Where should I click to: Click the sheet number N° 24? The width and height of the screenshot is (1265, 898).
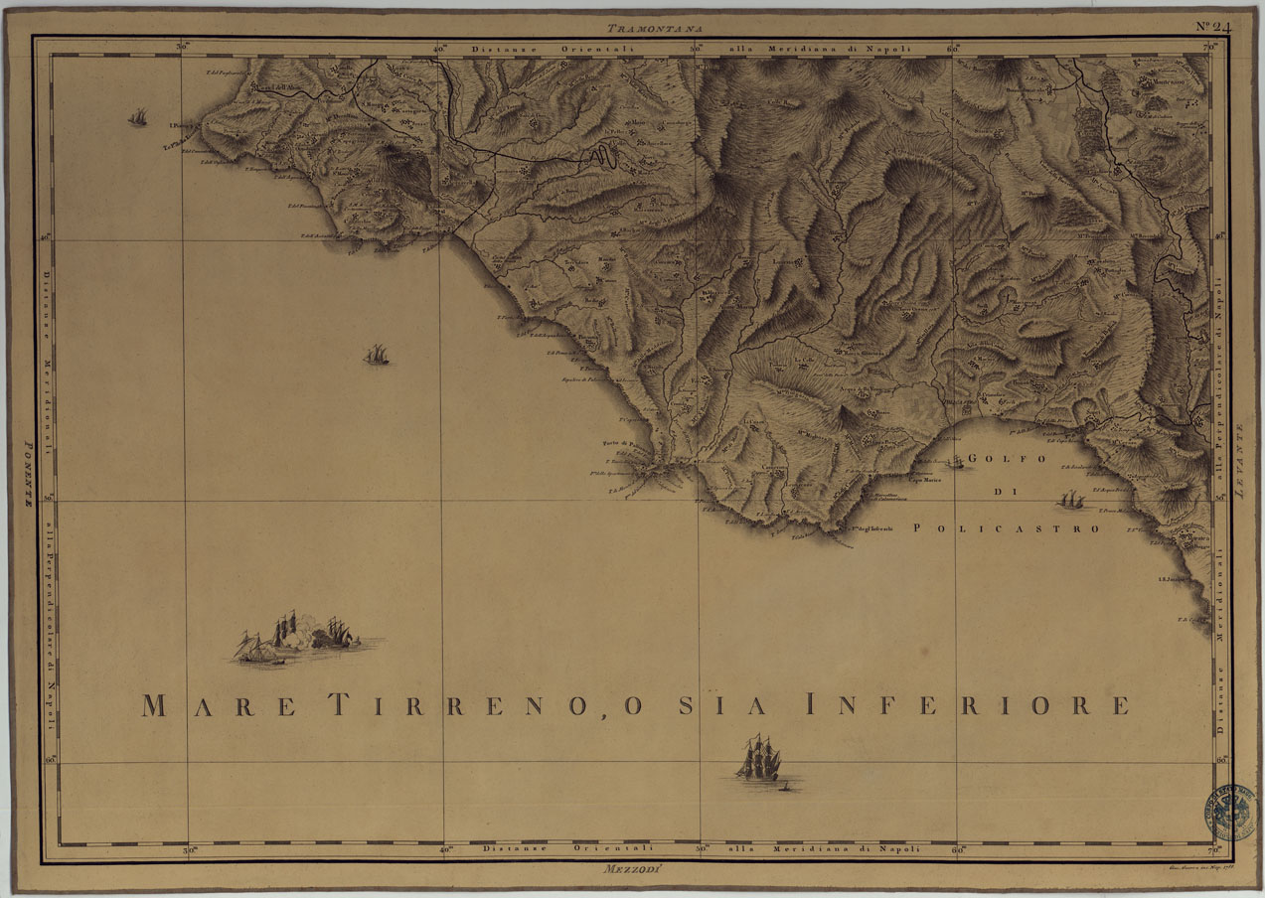1213,27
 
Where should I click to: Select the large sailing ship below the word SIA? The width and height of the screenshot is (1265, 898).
758,759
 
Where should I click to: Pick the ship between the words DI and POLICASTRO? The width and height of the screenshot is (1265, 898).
1071,499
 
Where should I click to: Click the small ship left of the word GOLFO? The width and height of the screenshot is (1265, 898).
955,462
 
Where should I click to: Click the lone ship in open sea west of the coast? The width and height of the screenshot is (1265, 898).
376,355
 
